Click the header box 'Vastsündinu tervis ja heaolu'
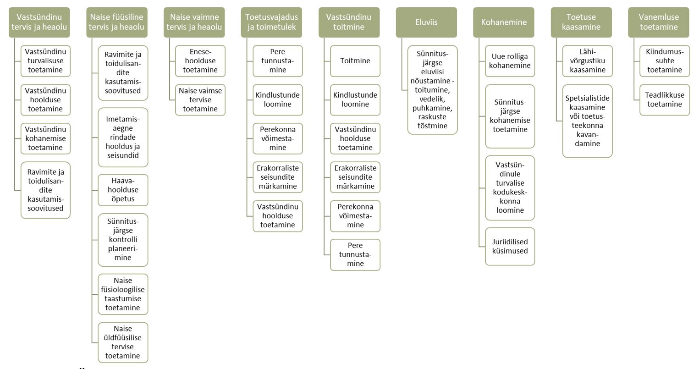pos(39,22)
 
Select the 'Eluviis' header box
pos(426,22)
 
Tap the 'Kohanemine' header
pos(504,22)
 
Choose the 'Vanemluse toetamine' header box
pos(659,22)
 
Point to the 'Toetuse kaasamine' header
pos(581,22)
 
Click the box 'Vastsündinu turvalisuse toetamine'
pos(45,61)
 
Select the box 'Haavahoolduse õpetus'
pos(123,189)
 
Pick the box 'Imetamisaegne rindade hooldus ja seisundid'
pos(123,137)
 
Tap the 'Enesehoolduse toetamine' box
pos(200,61)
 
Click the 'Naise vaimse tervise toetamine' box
pos(200,99)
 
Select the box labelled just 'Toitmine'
pos(355,61)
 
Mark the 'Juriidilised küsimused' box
pos(510,246)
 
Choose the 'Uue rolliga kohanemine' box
pos(510,61)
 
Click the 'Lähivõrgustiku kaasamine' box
pos(588,61)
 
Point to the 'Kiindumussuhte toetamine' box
pos(665,61)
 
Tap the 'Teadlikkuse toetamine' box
pos(665,99)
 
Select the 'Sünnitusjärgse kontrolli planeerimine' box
pos(123,240)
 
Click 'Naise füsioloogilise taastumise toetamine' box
pos(123,294)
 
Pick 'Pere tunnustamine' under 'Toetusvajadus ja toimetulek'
pos(278,61)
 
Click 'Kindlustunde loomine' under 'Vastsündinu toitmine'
pos(355,99)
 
